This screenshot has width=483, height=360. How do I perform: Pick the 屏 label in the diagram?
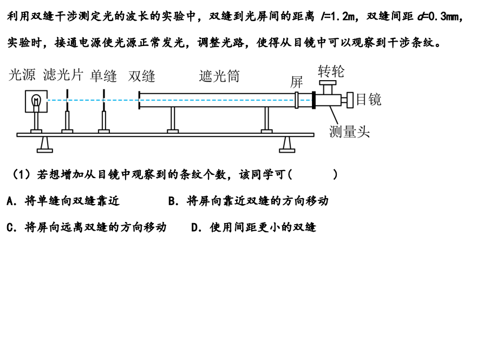[297, 82]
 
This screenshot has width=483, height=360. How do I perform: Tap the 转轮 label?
[330, 71]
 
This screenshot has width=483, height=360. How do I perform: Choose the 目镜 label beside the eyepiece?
[369, 100]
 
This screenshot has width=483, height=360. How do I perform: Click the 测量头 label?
[349, 131]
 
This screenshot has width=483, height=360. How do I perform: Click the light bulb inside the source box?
[37, 100]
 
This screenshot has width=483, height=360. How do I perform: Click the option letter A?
[10, 201]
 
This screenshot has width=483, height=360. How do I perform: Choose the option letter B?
[172, 201]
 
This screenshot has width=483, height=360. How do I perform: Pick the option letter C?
[10, 227]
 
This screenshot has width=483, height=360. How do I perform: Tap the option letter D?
[195, 227]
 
